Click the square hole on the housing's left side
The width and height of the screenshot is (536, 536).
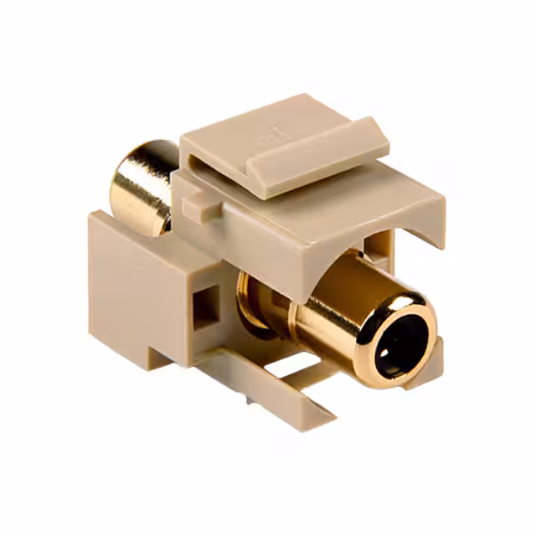click(x=207, y=306)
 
